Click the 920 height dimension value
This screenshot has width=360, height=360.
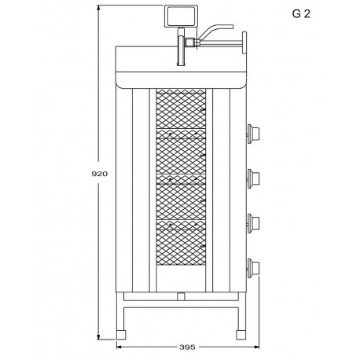[100, 174]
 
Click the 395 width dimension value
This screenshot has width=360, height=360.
[187, 347]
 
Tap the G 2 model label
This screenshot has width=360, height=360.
[301, 14]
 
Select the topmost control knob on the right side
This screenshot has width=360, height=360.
[253, 134]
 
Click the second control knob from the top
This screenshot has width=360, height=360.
[253, 178]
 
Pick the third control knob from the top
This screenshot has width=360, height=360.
[253, 223]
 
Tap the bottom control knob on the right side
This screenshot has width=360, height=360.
[253, 268]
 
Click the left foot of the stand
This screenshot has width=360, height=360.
[121, 335]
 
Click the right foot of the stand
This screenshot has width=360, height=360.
[241, 335]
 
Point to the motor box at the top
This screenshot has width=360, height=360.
[181, 17]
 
